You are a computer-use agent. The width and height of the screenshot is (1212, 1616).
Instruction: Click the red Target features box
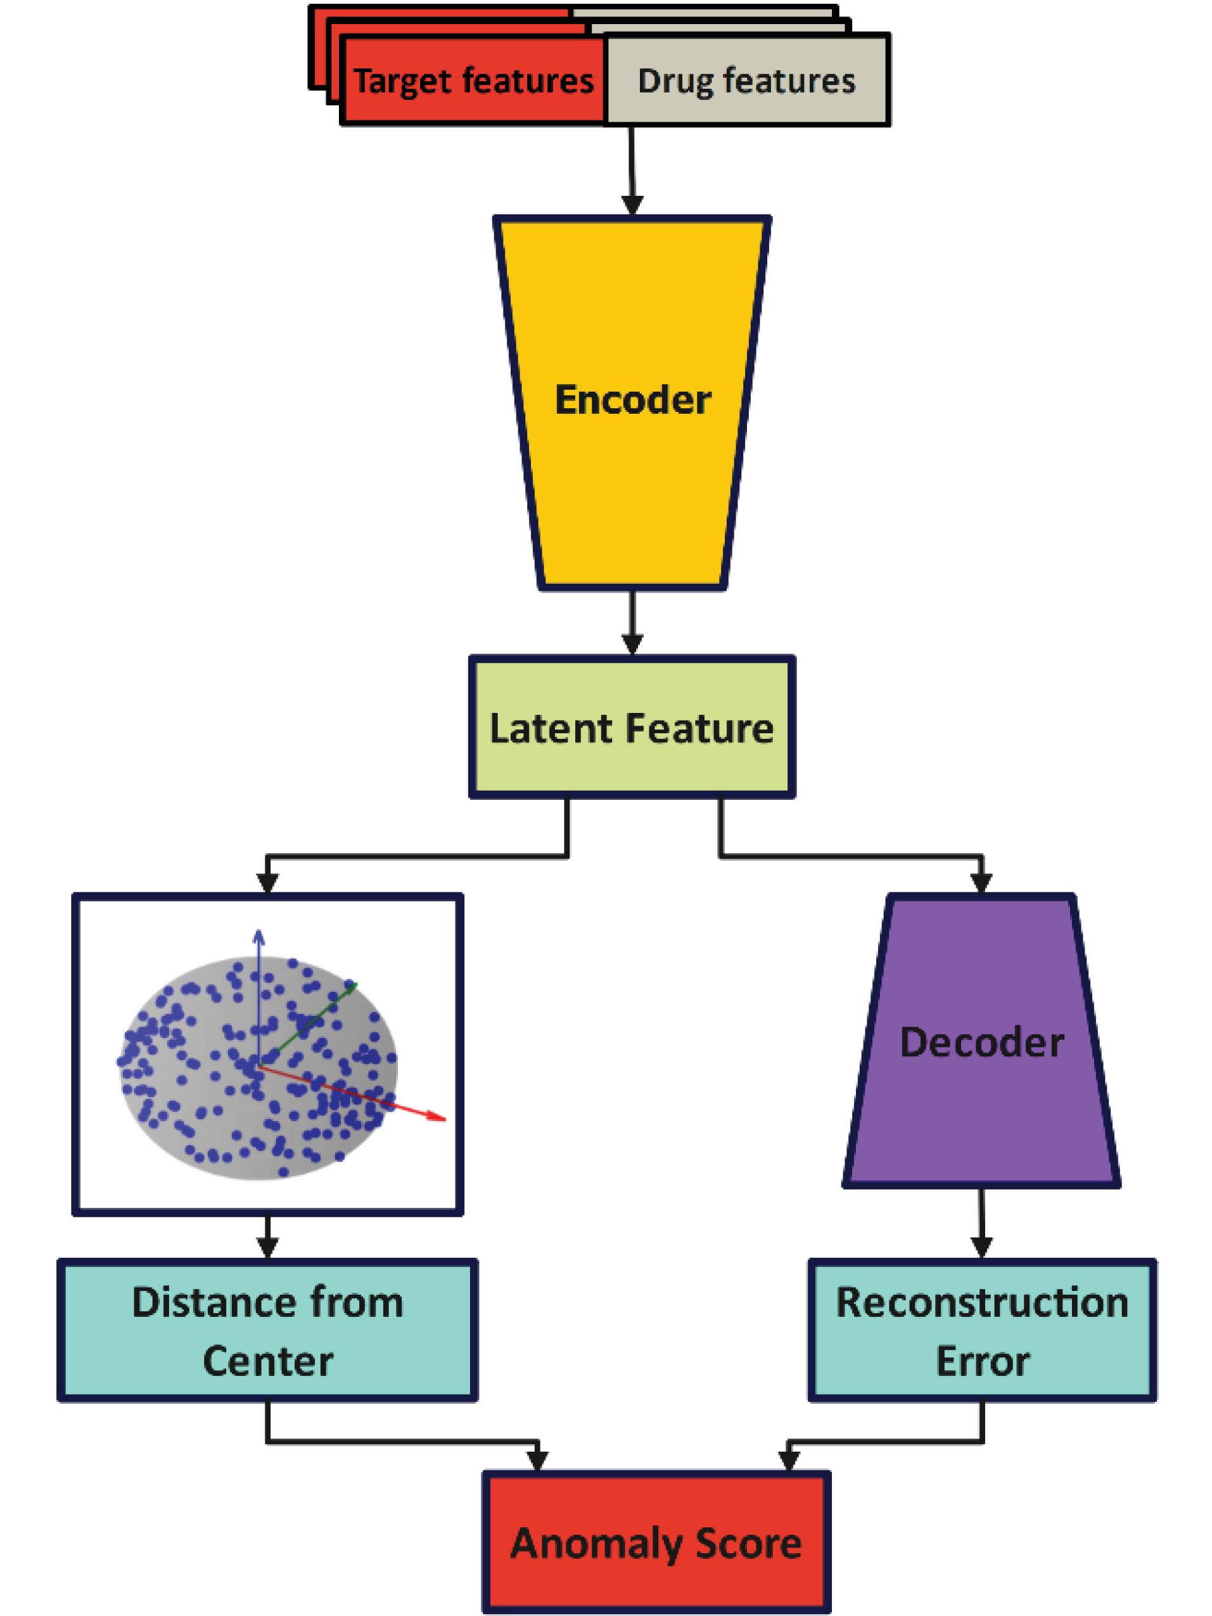click(473, 80)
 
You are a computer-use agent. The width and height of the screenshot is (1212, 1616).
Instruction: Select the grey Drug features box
click(746, 80)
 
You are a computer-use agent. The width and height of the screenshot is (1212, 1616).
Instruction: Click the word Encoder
click(633, 400)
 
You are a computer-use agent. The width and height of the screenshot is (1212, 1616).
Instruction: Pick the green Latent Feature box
click(632, 728)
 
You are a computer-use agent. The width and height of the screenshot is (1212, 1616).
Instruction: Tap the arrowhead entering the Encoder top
click(632, 205)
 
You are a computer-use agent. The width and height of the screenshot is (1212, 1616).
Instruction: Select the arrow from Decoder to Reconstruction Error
click(981, 1228)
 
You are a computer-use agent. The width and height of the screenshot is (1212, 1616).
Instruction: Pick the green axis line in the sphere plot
click(314, 1019)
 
